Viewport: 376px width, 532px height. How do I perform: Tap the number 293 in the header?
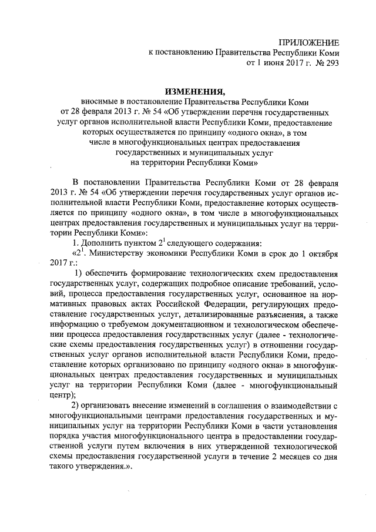pyautogui.click(x=330, y=61)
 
